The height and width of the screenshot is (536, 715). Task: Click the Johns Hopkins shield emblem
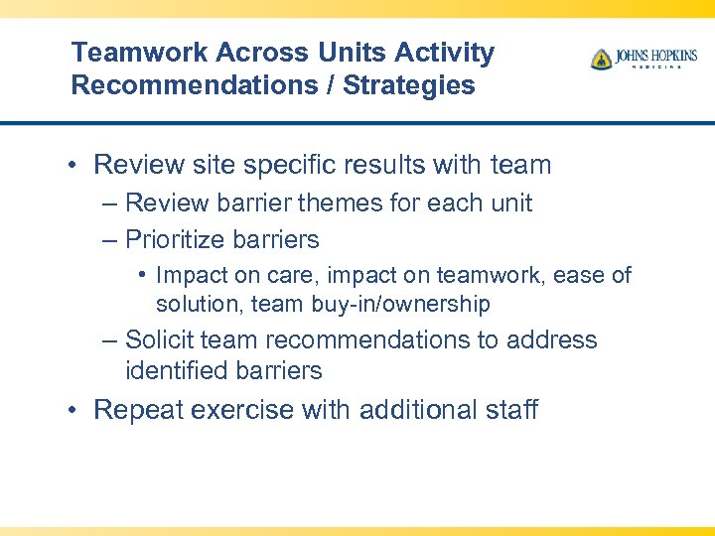pos(601,60)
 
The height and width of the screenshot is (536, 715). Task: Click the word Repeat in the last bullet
pos(137,410)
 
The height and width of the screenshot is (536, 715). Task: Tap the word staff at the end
pos(507,410)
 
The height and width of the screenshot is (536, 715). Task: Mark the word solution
pos(199,304)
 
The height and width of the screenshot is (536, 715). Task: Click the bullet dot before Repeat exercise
pos(76,410)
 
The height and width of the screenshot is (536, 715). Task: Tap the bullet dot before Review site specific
pos(76,165)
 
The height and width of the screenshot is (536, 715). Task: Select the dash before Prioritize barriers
pos(109,239)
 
